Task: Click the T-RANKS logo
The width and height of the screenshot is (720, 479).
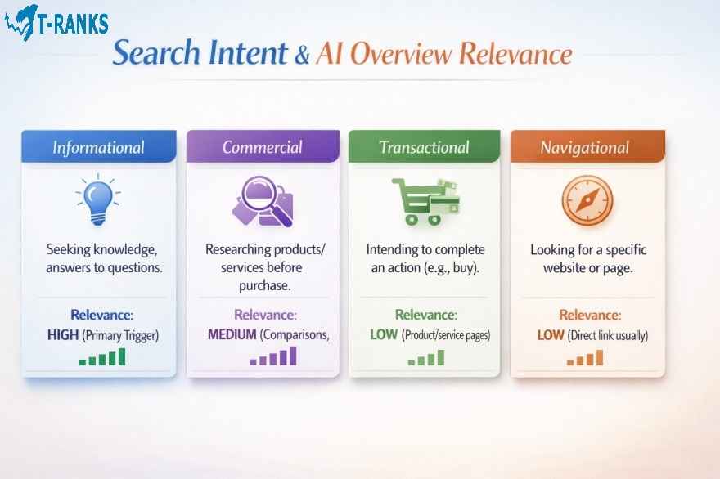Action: point(56,22)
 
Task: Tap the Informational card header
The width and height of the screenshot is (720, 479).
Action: point(99,148)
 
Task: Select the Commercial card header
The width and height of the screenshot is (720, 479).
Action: point(263,148)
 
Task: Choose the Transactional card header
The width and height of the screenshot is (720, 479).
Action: point(425,148)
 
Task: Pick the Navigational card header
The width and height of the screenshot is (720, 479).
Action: point(586,148)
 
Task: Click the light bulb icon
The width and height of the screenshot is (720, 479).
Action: point(97,199)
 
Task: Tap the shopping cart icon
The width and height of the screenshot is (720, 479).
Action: point(423,201)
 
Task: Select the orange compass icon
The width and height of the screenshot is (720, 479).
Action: point(586,200)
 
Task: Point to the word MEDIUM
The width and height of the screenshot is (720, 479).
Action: point(232,334)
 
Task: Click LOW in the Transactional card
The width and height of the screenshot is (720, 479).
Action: point(384,335)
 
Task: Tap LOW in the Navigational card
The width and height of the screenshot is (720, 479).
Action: point(550,335)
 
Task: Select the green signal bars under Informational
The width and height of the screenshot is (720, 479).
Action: point(102,357)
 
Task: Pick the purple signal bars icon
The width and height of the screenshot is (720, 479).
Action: point(273,357)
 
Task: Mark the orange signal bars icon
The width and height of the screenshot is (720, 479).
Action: point(585,358)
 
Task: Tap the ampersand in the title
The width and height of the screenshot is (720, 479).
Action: point(302,56)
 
